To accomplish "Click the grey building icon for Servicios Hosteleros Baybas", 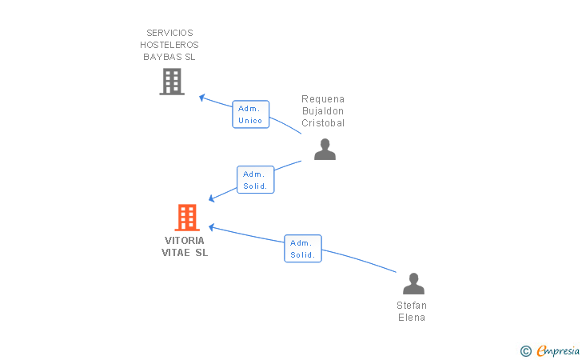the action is coord(172,82).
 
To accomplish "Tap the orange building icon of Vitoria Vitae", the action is coord(187,218).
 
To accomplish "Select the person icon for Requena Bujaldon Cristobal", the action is coord(325,150).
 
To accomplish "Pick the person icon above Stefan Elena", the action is coord(413,284).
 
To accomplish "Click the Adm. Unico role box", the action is coord(250,114).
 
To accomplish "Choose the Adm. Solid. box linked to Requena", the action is coord(255,180).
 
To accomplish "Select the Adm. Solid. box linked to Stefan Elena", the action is coord(303,249).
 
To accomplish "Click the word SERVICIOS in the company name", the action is coord(169,33).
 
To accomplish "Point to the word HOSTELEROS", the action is coord(169,45).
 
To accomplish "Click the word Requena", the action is coord(323,99).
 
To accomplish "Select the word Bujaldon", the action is coord(323,111).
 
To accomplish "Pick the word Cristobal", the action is coord(323,123).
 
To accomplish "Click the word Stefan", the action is coord(412,306).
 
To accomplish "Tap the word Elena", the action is coord(412,318).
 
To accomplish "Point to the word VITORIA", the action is coord(185,240).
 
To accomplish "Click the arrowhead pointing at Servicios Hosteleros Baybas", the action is coord(202,98).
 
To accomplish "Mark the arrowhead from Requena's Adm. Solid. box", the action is coord(212,198).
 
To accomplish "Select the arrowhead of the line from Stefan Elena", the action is coord(212,227).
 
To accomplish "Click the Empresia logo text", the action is coord(557,350).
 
